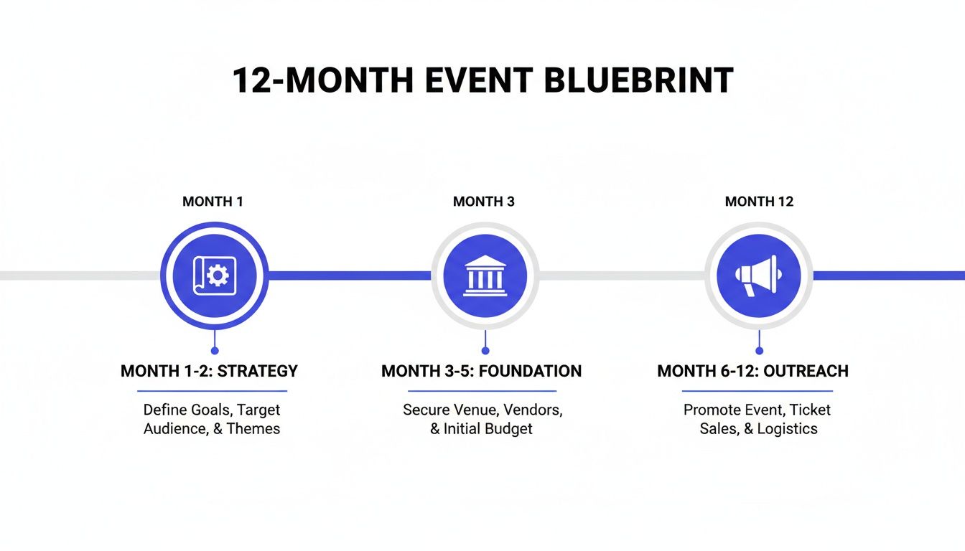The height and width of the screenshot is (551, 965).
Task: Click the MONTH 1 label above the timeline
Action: pos(213,202)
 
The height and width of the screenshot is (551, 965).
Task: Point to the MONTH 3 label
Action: pos(483,202)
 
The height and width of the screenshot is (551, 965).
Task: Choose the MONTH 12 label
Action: pos(759,202)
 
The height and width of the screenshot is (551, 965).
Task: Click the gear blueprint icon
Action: pos(213,275)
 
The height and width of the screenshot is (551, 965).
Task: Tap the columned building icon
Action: pos(485,275)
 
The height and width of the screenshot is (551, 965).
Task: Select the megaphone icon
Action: pos(758,275)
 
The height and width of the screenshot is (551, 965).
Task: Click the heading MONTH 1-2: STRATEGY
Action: pos(209,371)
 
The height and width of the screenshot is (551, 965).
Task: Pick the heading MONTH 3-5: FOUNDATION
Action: pos(481,371)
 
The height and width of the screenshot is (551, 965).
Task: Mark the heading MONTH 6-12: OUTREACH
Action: pos(752,371)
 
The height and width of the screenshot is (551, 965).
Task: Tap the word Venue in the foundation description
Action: pos(475,410)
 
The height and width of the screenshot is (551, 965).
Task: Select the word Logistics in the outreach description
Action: pos(787,429)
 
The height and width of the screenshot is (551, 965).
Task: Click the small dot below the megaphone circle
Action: pos(759,351)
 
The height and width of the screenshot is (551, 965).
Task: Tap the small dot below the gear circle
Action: pos(214,351)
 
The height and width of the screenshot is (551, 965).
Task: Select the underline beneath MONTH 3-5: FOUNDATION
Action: pos(482,391)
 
